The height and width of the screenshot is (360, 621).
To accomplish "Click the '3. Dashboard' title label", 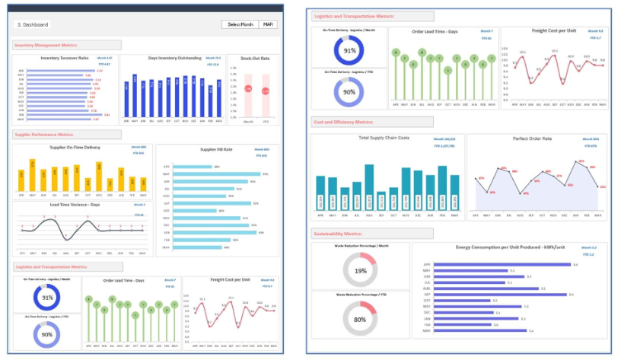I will pos(32,24).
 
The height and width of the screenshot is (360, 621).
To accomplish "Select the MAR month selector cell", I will pos(267,24).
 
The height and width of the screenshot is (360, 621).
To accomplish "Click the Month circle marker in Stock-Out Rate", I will pos(247,89).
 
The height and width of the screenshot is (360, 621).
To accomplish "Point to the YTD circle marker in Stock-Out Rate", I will pos(266,91).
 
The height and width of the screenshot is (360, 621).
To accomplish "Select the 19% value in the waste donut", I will pos(361,271).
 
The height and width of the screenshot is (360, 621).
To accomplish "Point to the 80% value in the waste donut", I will pos(361,320).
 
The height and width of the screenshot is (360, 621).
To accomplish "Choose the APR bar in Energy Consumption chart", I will pos(502,264).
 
